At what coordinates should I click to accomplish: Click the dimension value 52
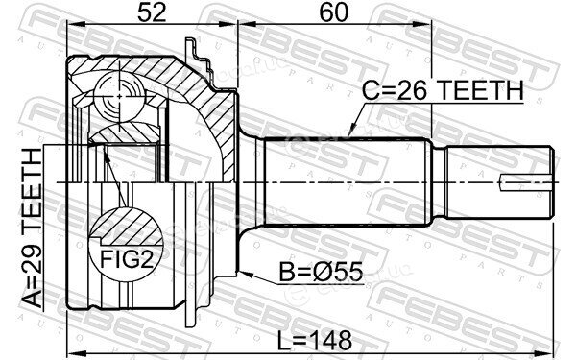[152, 12]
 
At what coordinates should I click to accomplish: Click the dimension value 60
[333, 12]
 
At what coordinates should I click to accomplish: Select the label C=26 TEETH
[443, 90]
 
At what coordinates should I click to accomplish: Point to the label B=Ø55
[321, 273]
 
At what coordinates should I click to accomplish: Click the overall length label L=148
[315, 340]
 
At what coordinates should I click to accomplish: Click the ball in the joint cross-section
[119, 96]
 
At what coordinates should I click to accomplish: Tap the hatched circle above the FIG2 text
[127, 227]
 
